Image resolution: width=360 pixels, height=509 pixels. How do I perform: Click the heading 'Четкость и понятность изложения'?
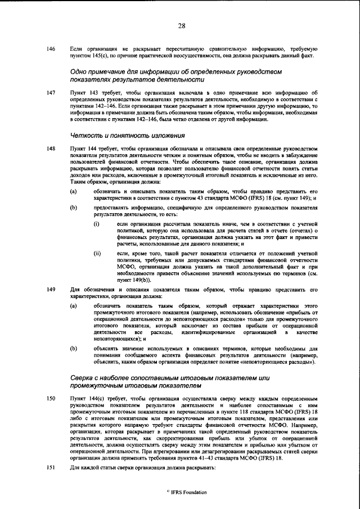[116, 136]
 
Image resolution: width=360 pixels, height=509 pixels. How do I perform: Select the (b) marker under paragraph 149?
[73, 349]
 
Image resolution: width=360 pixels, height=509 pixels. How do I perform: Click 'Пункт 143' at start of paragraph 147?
[83, 92]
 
